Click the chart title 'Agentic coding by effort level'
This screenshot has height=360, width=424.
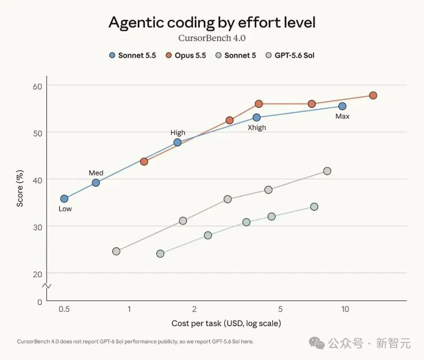click(x=212, y=23)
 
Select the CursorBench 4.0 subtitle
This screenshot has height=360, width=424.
click(x=212, y=38)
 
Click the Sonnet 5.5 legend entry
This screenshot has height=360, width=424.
click(x=133, y=55)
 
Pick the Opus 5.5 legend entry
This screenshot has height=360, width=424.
click(x=186, y=55)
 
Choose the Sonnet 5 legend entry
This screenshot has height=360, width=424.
click(x=236, y=55)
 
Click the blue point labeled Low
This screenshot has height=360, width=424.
click(x=64, y=199)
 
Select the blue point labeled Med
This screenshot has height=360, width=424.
click(x=96, y=183)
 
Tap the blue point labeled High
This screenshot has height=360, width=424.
click(x=177, y=142)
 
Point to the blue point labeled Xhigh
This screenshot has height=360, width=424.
click(x=257, y=118)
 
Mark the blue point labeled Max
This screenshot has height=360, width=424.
click(x=342, y=106)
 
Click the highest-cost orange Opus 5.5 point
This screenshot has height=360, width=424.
click(x=373, y=95)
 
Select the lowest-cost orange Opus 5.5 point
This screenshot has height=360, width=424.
click(x=144, y=162)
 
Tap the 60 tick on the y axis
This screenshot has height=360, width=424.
click(x=38, y=86)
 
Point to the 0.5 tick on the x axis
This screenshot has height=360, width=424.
click(x=64, y=309)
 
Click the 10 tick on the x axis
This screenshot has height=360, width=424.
click(x=345, y=309)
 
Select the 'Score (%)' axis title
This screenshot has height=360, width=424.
click(x=20, y=189)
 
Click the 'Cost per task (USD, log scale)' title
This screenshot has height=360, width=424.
click(x=227, y=323)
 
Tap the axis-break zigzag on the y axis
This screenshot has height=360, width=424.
click(x=46, y=286)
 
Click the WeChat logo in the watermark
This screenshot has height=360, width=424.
click(x=317, y=343)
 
